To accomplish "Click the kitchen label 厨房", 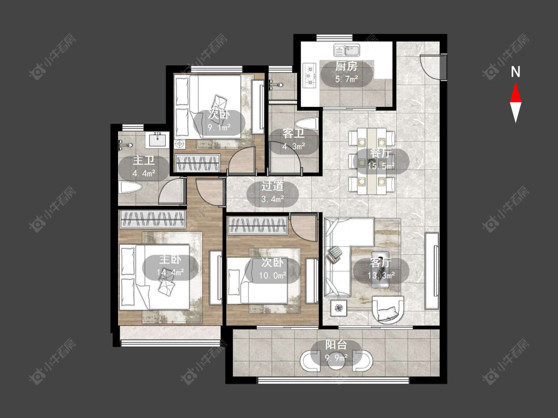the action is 346,66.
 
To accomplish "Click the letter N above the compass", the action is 515,72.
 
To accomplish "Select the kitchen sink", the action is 347,50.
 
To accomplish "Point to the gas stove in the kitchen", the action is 309,75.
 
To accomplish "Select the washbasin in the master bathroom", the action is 157,139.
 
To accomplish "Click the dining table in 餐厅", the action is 372,161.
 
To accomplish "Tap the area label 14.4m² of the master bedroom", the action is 170,272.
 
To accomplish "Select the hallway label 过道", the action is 273,186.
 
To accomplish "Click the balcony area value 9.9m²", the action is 336,358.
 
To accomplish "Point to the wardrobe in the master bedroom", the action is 152,219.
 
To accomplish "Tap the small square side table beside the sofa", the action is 339,308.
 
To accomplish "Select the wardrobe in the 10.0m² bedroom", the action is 257,226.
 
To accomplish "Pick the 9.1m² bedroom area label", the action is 219,127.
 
